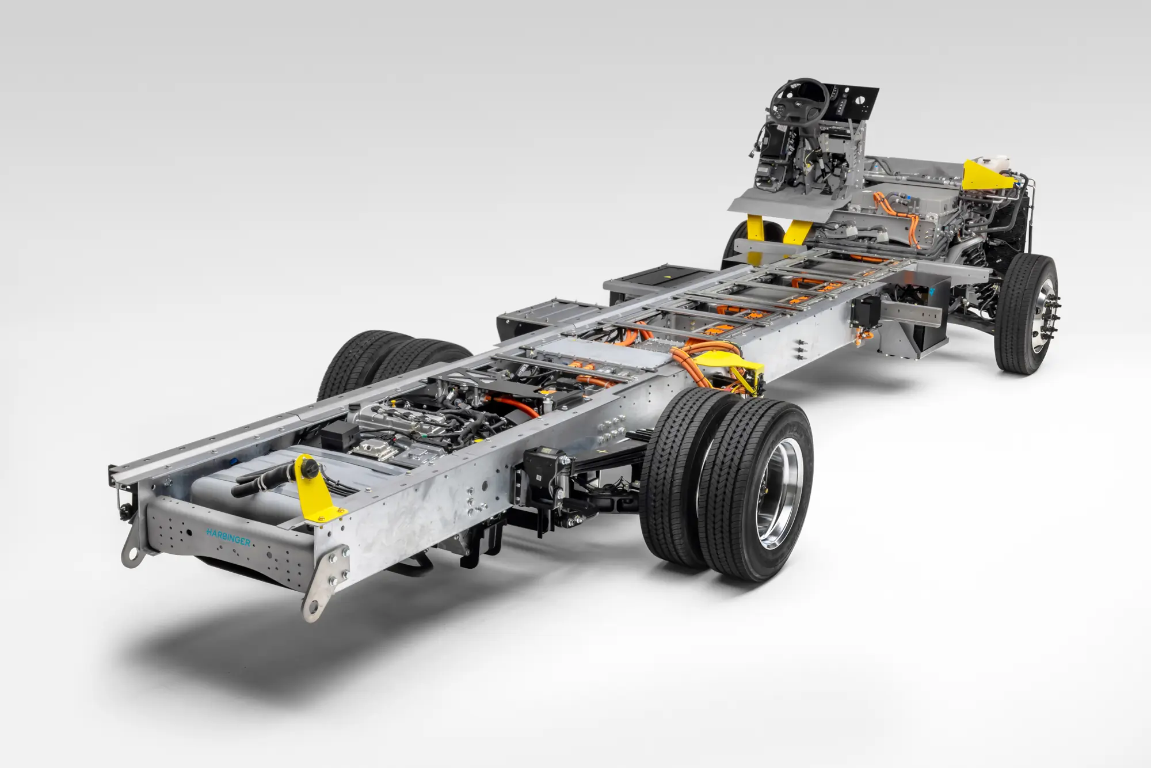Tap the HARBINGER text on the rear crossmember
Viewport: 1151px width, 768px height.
click(x=228, y=538)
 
